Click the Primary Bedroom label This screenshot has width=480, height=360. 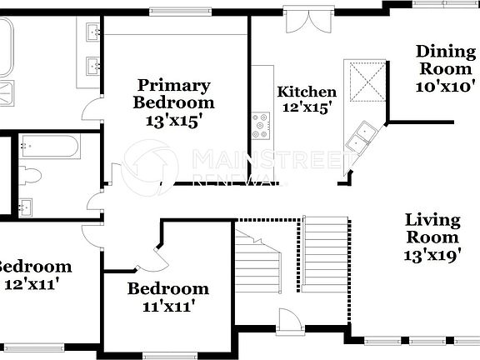click(x=175, y=94)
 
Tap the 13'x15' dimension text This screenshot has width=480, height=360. click(x=175, y=121)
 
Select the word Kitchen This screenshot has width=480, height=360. click(x=307, y=92)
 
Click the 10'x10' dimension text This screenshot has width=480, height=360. click(x=445, y=85)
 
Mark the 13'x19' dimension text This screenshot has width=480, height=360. click(x=432, y=256)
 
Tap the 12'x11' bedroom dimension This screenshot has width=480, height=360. click(x=33, y=283)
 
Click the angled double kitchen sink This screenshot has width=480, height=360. click(x=363, y=136)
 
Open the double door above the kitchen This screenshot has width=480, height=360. click(x=298, y=20)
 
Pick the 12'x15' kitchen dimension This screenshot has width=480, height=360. click(x=307, y=107)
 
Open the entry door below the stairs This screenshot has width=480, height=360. click(x=290, y=321)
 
